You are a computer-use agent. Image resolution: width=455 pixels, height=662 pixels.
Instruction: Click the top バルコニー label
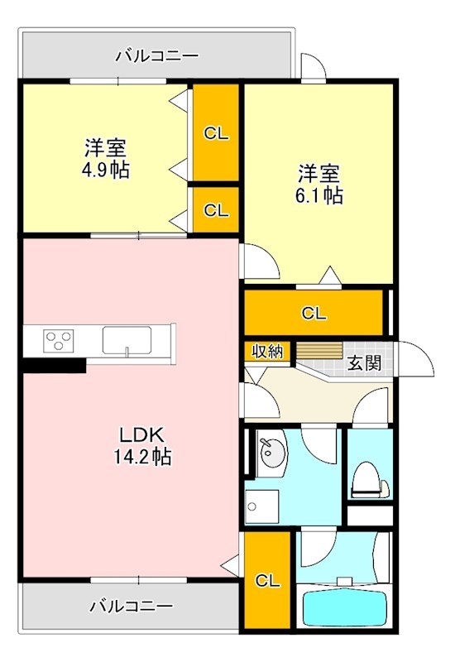(x=156, y=56)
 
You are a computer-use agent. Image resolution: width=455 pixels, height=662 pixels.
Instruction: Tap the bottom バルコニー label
(x=132, y=606)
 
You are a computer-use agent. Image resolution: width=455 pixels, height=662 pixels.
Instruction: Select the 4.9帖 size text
(x=105, y=170)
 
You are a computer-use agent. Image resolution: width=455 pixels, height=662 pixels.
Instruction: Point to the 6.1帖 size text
(x=320, y=195)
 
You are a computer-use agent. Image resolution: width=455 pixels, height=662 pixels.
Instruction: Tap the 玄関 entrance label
(x=363, y=362)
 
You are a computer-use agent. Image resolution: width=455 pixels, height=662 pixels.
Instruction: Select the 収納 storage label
(x=267, y=351)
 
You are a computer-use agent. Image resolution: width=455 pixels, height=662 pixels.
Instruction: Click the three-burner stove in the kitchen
(x=59, y=340)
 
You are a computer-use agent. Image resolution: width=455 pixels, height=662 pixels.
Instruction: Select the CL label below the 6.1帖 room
(x=314, y=313)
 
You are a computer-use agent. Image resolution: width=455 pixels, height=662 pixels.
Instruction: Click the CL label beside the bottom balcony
(x=266, y=579)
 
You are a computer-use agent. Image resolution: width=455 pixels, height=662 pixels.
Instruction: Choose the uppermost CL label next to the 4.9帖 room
(x=216, y=134)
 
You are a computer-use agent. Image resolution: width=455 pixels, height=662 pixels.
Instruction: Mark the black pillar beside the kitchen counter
(x=54, y=365)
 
